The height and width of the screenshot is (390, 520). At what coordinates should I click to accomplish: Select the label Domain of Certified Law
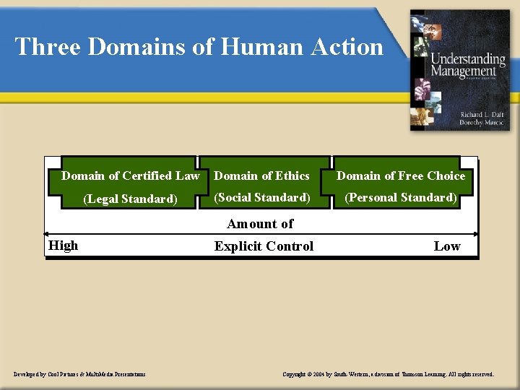(x=130, y=175)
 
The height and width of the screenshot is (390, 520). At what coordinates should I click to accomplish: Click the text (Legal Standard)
(x=130, y=199)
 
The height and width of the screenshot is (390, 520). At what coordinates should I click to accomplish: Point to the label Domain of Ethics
(x=262, y=175)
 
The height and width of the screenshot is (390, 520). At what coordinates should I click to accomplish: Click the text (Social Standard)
(x=262, y=197)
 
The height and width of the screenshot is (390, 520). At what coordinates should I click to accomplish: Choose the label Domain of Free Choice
(x=401, y=175)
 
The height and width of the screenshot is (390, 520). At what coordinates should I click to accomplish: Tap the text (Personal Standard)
(x=401, y=197)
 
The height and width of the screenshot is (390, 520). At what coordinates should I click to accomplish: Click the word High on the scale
(x=63, y=246)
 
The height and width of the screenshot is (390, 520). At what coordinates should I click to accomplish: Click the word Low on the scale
(x=446, y=246)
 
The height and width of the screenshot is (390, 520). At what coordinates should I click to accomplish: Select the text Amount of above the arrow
(x=260, y=224)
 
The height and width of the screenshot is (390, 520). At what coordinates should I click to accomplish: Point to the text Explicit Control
(x=264, y=246)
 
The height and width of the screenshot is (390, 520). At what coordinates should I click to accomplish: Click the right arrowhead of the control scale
(x=474, y=234)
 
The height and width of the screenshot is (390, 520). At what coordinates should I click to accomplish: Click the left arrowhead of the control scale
(x=48, y=234)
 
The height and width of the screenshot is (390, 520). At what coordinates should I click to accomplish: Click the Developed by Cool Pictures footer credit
(x=79, y=374)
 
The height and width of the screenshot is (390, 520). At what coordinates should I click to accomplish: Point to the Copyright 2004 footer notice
(x=389, y=374)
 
